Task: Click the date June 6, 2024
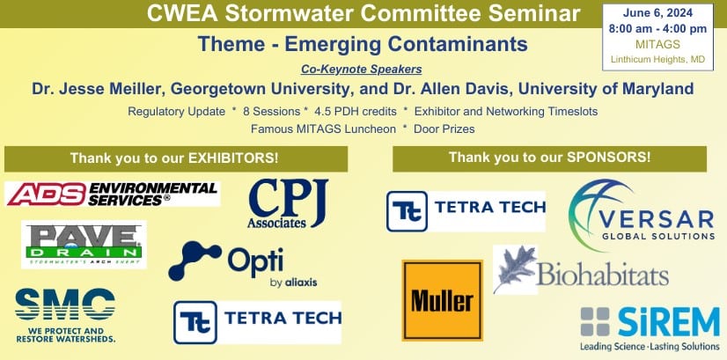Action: (x=657, y=13)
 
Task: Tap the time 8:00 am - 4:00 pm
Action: (x=657, y=29)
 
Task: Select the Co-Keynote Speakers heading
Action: (x=361, y=70)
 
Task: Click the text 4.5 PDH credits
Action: (x=356, y=112)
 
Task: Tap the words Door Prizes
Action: (x=444, y=129)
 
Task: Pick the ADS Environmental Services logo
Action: (x=112, y=194)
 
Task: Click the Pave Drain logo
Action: (x=84, y=245)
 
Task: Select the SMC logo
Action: (x=65, y=315)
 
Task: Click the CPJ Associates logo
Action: (x=288, y=203)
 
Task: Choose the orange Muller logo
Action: (x=443, y=300)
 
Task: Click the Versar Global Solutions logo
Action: (x=642, y=216)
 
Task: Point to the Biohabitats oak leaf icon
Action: (x=515, y=269)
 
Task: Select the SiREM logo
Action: (x=650, y=328)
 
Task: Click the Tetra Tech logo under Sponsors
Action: (x=466, y=211)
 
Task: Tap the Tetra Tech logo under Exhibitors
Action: (x=257, y=322)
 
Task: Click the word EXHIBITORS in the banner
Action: (x=231, y=158)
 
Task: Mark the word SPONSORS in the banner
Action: (x=606, y=158)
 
